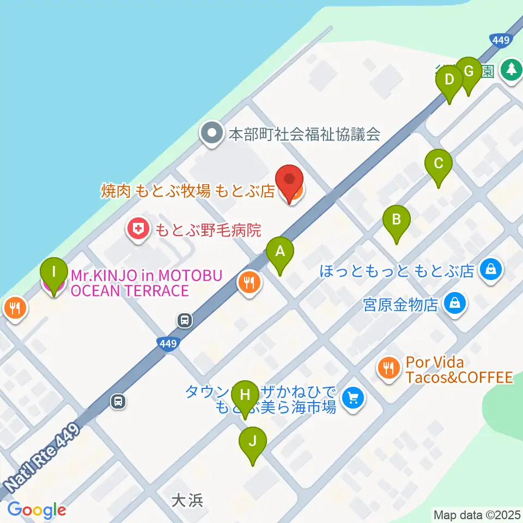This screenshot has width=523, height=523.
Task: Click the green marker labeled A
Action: pos(280,252)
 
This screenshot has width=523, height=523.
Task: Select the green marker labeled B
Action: pos(397,221)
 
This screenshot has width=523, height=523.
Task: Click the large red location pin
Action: pos(289,181)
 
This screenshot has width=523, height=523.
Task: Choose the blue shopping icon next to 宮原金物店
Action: pos(454,303)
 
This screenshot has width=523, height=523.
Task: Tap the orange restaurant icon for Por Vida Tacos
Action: pos(388,369)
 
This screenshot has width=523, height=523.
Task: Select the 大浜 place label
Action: pos(187,500)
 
